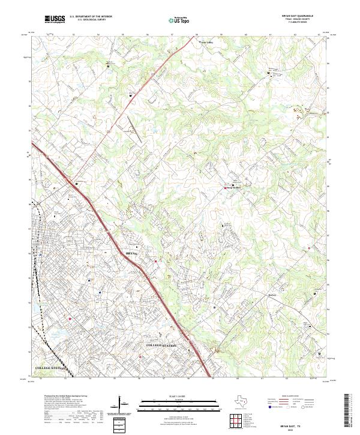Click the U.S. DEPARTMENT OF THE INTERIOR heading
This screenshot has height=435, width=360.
(91, 17)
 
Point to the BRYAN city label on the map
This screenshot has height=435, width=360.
(133, 254)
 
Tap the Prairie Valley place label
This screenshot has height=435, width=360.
(206, 43)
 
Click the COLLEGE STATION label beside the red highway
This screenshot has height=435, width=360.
(163, 347)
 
